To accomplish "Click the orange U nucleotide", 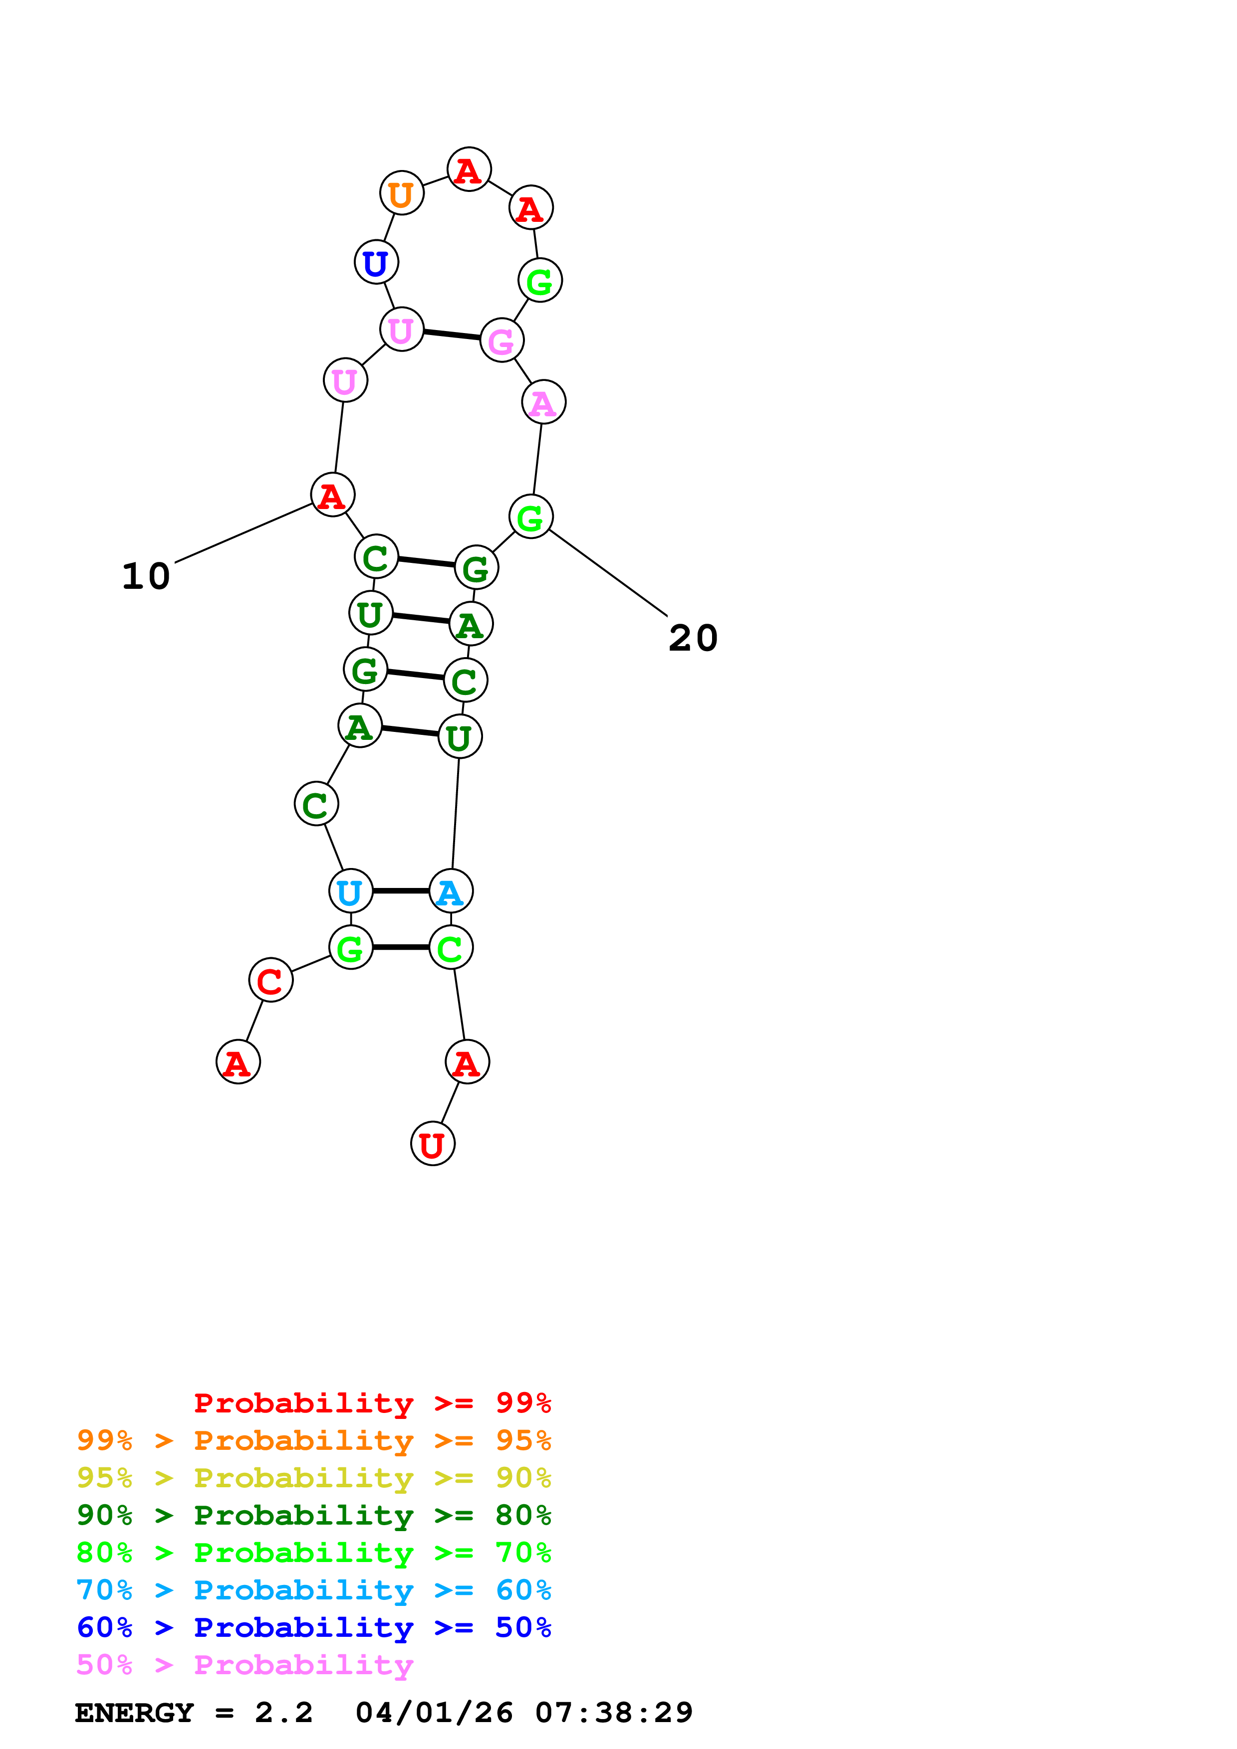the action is tap(402, 193).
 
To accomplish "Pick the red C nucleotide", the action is tap(270, 980).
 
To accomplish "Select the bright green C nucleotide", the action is tap(451, 948).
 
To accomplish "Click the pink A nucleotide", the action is tap(543, 402).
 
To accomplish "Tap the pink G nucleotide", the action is tap(501, 341).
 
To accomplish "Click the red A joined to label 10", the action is tap(332, 495).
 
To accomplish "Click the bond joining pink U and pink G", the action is tap(451, 335).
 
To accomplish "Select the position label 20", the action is tap(693, 638).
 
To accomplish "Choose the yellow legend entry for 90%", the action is tap(313, 1478).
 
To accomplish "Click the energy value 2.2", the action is tap(283, 1713).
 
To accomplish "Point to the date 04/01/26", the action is tap(434, 1713).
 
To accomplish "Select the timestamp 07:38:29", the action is tap(614, 1713).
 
